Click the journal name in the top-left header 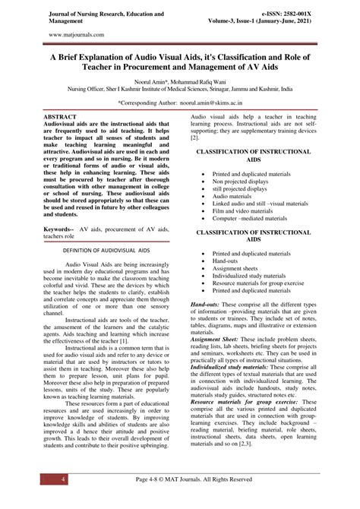tap(99, 18)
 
